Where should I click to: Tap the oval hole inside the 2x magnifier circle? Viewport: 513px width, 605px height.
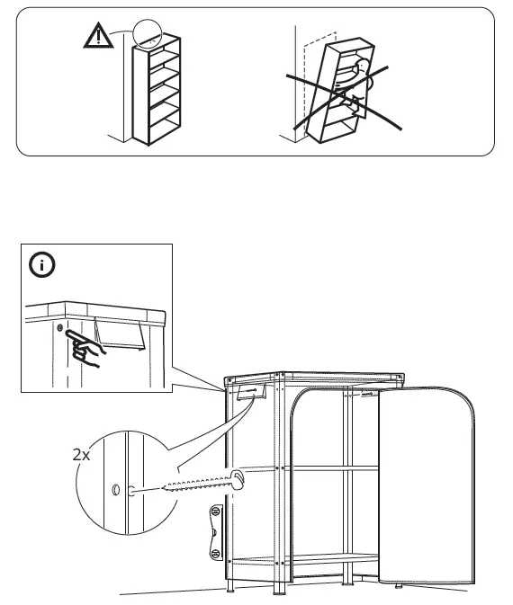click(x=114, y=490)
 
